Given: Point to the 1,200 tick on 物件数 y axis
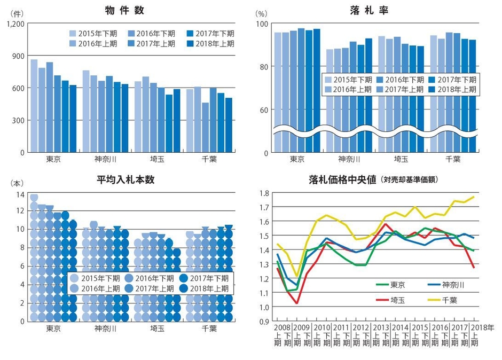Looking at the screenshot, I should [x=15, y=24].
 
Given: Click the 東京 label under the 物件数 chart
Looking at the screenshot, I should [x=53, y=159].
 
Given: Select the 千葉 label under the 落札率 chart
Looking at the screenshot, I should [x=453, y=159].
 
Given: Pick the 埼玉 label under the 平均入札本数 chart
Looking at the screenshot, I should [x=157, y=328].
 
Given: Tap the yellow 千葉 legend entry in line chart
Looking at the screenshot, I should [x=444, y=300].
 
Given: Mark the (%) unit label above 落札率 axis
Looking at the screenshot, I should [x=261, y=13].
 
